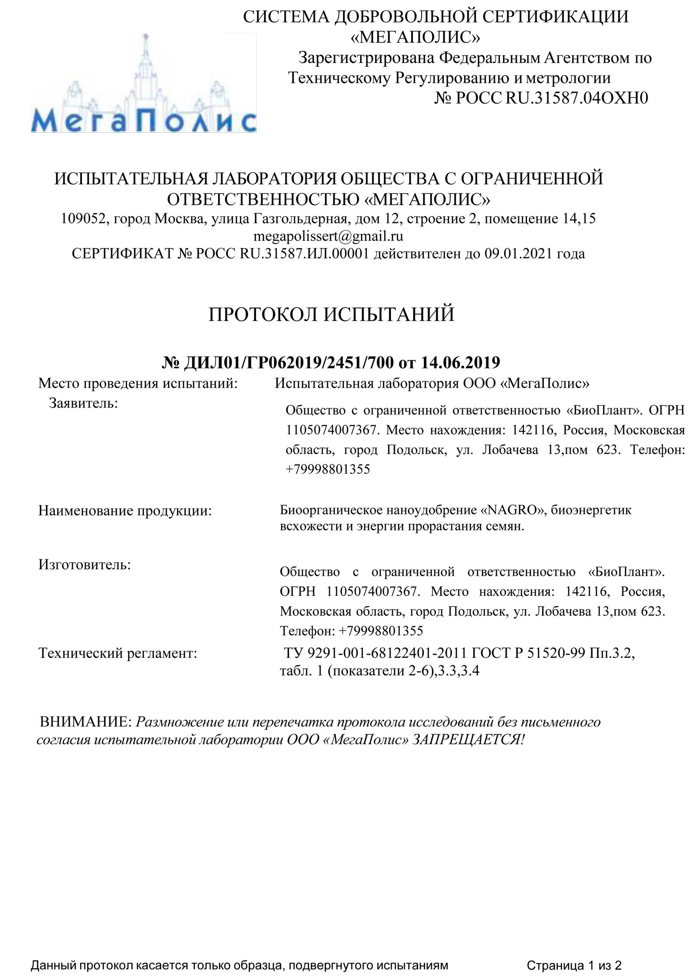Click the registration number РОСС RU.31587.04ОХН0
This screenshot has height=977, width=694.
(x=551, y=98)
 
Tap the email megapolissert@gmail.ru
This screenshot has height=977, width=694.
(x=328, y=236)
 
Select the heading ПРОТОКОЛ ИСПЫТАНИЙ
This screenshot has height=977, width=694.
(x=331, y=314)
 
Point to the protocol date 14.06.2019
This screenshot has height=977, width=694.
(x=460, y=362)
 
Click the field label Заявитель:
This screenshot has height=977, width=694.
(x=83, y=403)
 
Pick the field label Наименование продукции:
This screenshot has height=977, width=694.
(x=125, y=511)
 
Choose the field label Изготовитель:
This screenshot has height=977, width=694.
(x=85, y=565)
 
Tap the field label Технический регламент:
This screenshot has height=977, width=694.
(x=118, y=653)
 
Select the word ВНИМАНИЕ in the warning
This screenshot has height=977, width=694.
(x=85, y=722)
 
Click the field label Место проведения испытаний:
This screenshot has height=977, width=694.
(x=138, y=383)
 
